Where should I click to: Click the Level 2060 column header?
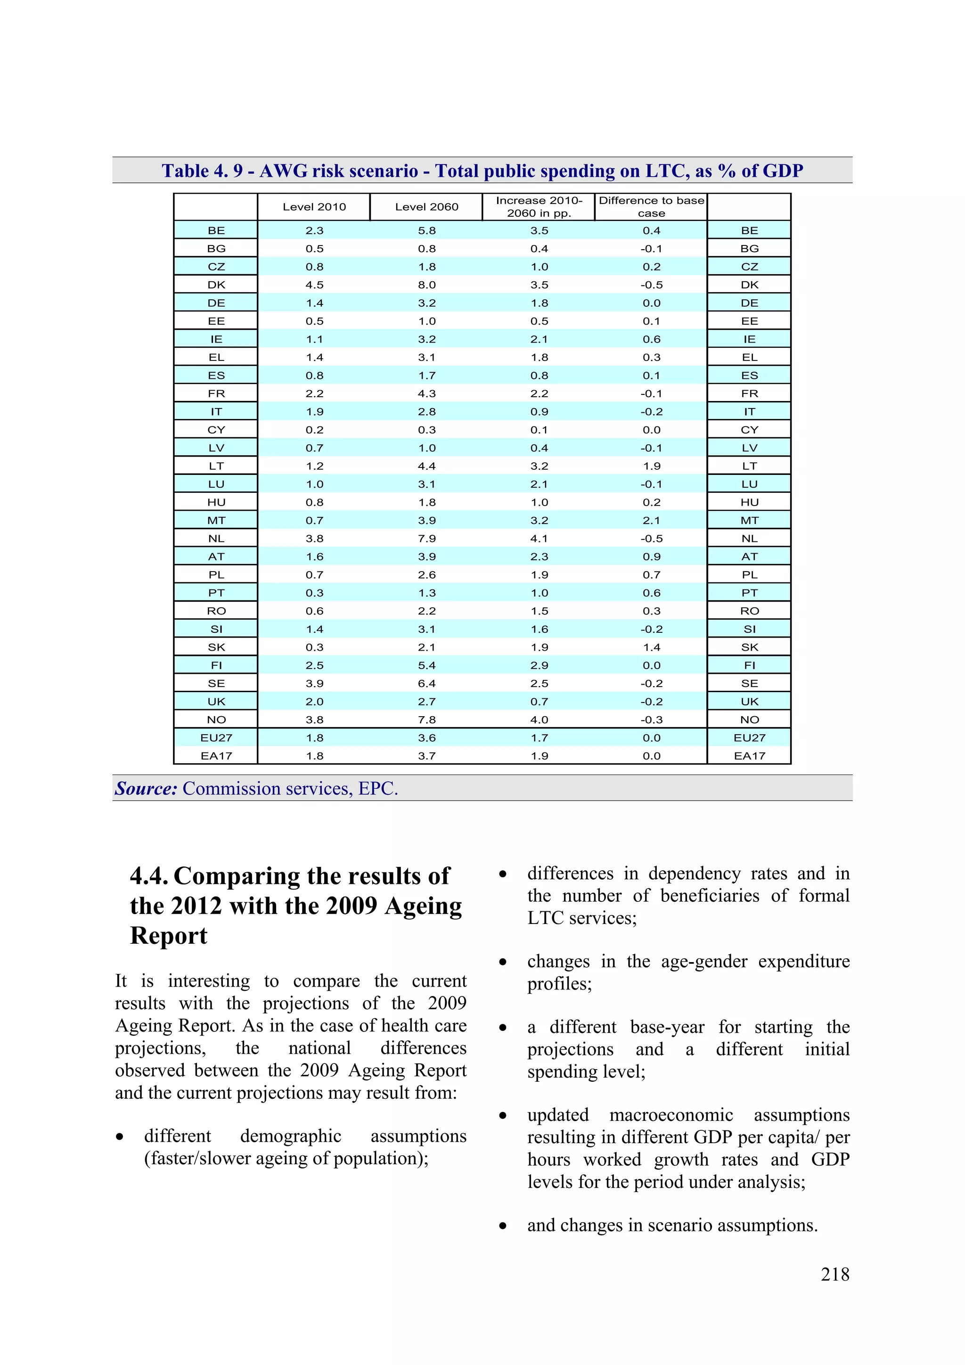tap(426, 207)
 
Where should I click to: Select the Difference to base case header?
tap(651, 207)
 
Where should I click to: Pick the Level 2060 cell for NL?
tap(426, 539)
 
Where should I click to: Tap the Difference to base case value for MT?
tap(651, 520)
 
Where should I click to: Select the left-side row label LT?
tap(216, 466)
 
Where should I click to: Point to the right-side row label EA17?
tap(749, 756)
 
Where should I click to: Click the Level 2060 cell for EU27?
tap(426, 738)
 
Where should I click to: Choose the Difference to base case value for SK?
tap(651, 647)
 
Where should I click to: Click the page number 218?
tap(835, 1274)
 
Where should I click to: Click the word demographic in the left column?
tap(290, 1136)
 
